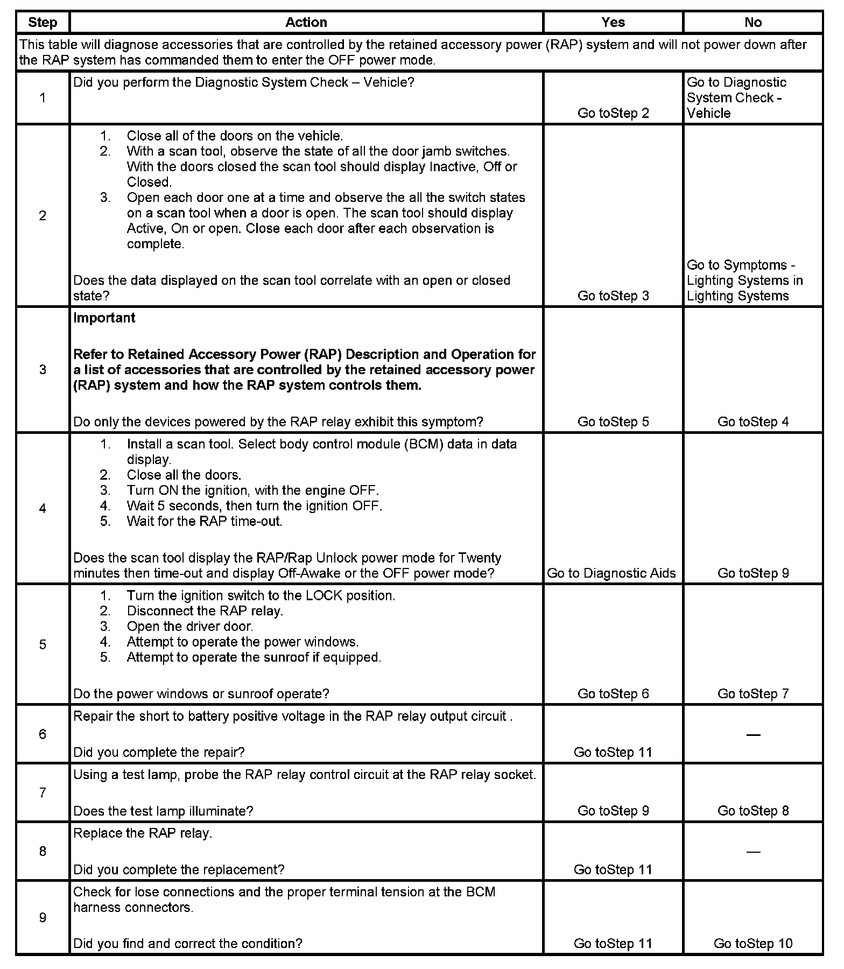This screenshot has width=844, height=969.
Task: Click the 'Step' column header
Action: tap(43, 22)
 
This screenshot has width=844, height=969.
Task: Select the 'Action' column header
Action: tap(306, 22)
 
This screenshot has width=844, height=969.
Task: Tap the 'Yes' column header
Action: tap(613, 22)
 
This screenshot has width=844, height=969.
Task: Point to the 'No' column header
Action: tap(752, 22)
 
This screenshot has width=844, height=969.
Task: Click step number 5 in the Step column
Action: tap(43, 644)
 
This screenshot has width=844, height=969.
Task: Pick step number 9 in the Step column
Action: tap(43, 917)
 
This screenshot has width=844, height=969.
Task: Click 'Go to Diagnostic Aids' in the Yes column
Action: tap(611, 573)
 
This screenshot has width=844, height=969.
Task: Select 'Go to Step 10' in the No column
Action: tap(753, 943)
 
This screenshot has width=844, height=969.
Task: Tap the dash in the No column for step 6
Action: tap(753, 735)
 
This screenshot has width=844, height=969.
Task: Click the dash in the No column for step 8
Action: tap(753, 852)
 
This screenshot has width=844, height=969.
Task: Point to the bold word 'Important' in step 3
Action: tap(104, 318)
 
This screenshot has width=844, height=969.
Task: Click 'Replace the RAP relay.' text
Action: tap(143, 833)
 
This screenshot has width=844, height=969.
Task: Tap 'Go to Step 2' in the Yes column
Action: tap(613, 113)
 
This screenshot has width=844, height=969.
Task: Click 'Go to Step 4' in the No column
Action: tap(753, 422)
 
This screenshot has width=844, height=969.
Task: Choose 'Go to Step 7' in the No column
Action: tap(753, 693)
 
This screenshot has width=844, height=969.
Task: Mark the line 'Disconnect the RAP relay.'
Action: tap(205, 610)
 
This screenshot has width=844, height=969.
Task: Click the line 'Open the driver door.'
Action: tap(189, 626)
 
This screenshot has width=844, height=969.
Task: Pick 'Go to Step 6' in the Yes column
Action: tap(613, 693)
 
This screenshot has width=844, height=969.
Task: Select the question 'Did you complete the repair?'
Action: tap(159, 752)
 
